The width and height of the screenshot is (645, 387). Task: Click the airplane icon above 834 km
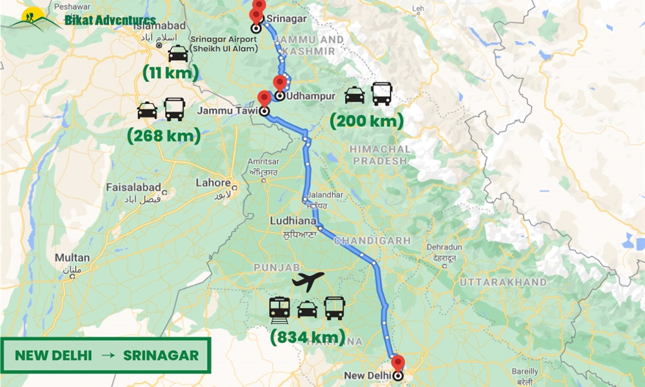click(308, 281)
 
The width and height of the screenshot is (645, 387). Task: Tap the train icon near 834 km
click(280, 308)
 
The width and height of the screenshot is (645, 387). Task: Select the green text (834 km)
click(308, 337)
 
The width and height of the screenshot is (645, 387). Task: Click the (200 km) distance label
click(366, 121)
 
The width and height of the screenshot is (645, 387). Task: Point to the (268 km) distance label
click(163, 135)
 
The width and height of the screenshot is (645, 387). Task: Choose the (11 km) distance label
click(170, 73)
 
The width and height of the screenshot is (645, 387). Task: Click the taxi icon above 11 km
click(177, 54)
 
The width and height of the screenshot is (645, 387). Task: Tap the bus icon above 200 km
click(382, 94)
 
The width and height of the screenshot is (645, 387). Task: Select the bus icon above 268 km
click(175, 109)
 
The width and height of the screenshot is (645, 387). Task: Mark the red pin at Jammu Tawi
click(264, 99)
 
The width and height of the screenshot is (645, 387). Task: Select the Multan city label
click(72, 257)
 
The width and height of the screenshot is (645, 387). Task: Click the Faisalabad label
click(134, 188)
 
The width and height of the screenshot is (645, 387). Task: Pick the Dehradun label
click(444, 248)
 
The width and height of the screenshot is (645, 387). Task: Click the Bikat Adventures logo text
click(110, 20)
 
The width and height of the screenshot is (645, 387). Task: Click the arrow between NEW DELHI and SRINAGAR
click(107, 355)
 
